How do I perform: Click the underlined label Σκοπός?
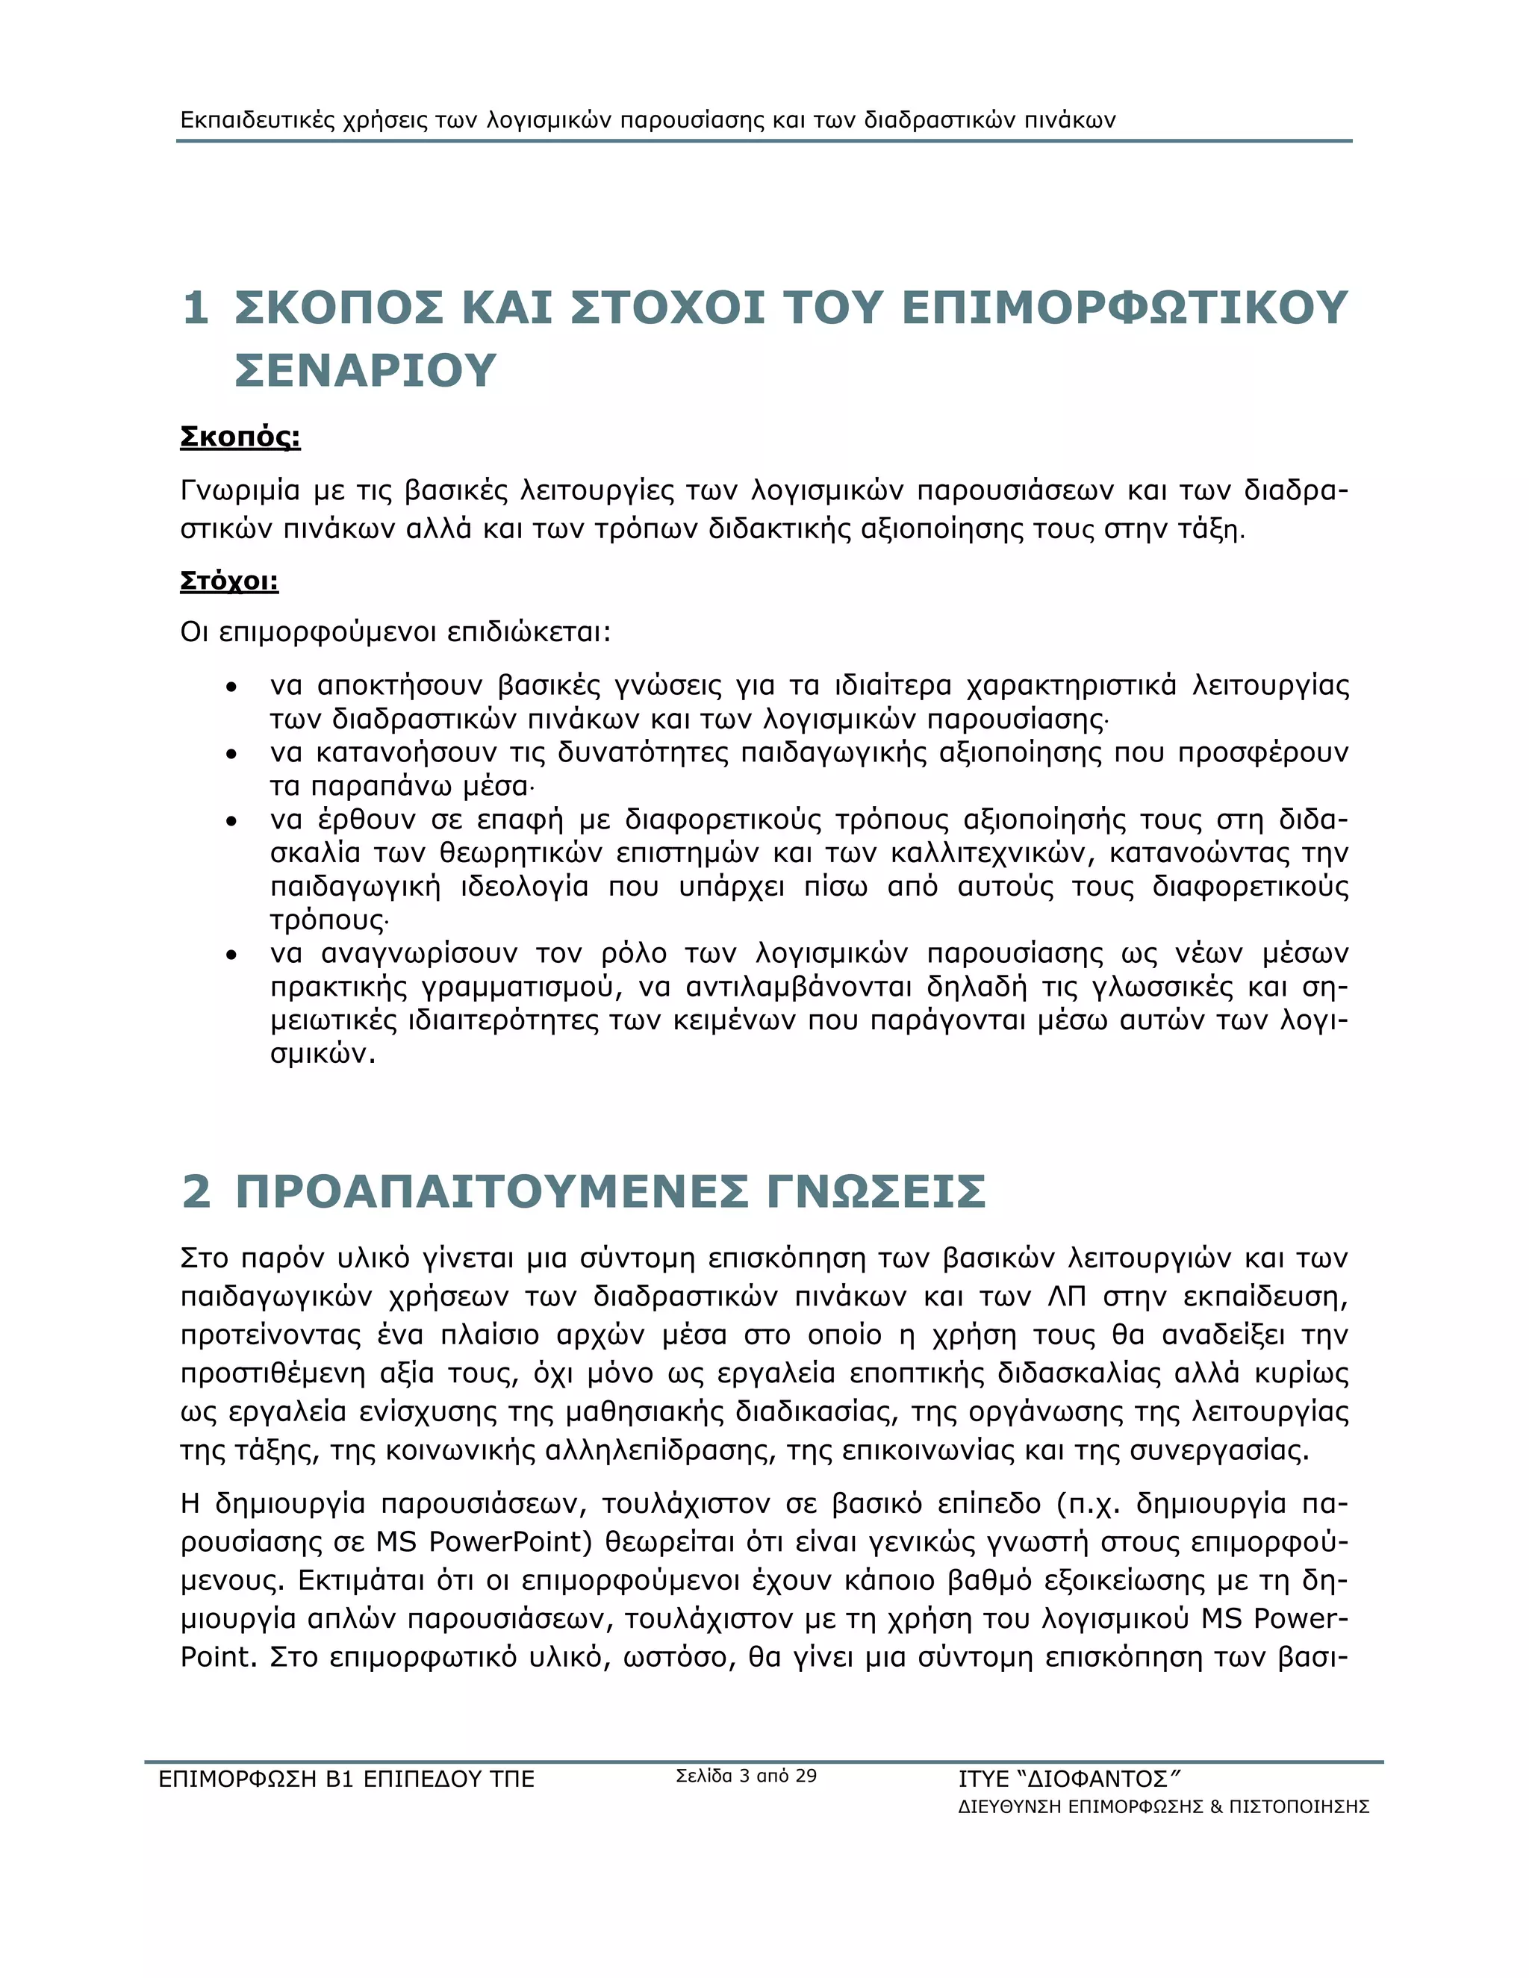tap(240, 437)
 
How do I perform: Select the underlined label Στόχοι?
tap(229, 580)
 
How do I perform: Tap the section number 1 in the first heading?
tap(196, 308)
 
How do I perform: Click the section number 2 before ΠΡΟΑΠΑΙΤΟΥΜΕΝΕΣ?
tap(196, 1191)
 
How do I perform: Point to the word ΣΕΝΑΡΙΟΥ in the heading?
tap(366, 370)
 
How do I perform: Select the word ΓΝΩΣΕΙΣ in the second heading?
tap(876, 1191)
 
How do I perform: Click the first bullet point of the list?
tap(233, 688)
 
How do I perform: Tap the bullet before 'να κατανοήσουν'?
tap(233, 755)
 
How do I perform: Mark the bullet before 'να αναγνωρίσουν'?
tap(233, 955)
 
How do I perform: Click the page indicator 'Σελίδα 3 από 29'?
tap(747, 1776)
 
